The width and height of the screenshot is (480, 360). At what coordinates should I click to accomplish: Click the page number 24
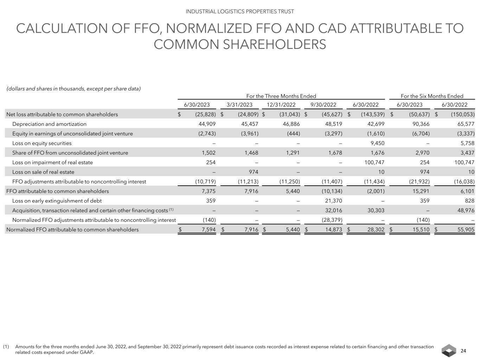pyautogui.click(x=463, y=351)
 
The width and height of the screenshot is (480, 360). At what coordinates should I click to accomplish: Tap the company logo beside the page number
pyautogui.click(x=449, y=351)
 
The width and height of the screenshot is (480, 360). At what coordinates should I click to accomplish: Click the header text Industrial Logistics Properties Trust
pyautogui.click(x=240, y=11)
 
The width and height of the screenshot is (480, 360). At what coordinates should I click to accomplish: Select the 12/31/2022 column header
pyautogui.click(x=281, y=105)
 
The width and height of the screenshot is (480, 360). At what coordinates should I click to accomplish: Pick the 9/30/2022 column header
pyautogui.click(x=324, y=105)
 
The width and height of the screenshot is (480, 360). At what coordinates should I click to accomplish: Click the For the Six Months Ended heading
pyautogui.click(x=432, y=96)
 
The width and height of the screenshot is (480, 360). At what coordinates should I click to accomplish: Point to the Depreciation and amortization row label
pyautogui.click(x=49, y=124)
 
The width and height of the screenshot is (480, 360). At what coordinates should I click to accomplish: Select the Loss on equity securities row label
pyautogui.click(x=42, y=143)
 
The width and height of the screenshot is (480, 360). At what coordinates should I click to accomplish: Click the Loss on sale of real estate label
pyautogui.click(x=43, y=172)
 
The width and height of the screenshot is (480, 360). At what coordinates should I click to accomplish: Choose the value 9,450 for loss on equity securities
pyautogui.click(x=376, y=143)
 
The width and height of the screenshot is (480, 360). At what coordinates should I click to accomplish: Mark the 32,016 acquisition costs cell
pyautogui.click(x=333, y=210)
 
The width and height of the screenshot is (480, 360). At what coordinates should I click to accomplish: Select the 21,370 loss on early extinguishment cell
pyautogui.click(x=333, y=201)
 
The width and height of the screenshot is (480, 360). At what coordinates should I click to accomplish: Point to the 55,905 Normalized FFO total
pyautogui.click(x=465, y=230)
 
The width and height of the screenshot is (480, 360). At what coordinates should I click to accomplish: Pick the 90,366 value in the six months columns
pyautogui.click(x=420, y=124)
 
